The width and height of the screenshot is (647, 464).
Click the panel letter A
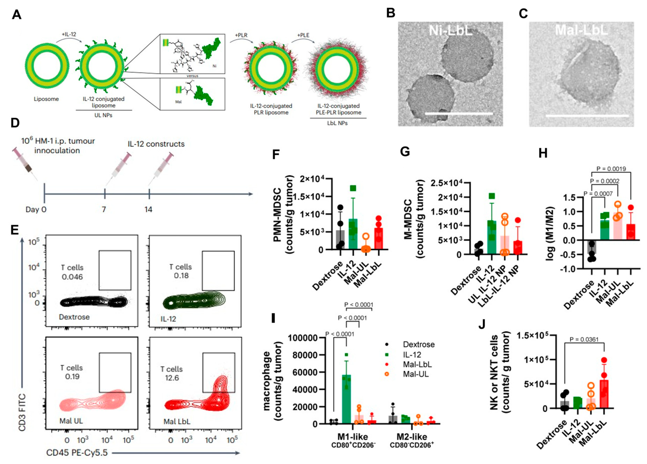[17, 14]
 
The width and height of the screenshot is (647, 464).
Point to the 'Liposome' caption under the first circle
[46, 99]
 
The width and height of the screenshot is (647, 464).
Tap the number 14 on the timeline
[148, 210]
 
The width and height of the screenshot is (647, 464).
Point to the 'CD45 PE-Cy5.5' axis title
[77, 453]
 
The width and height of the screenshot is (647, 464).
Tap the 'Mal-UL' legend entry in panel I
[416, 374]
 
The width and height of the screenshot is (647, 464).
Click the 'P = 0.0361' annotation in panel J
[584, 339]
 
